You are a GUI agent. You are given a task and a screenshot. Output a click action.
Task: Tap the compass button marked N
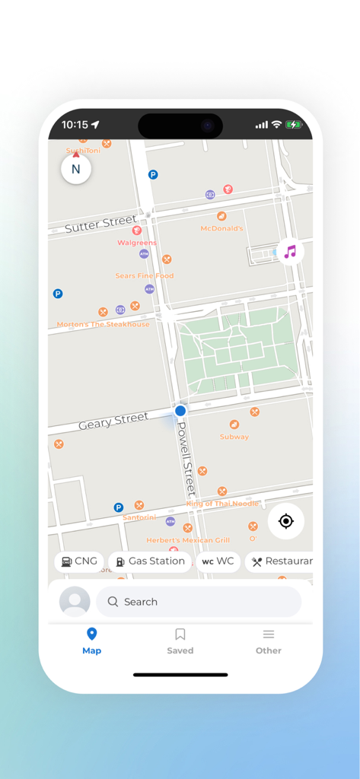click(x=75, y=169)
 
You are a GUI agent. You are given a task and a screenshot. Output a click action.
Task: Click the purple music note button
click(x=289, y=251)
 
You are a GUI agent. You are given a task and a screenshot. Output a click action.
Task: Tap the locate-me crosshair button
click(x=286, y=521)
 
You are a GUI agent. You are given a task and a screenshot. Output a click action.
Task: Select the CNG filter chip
click(x=79, y=561)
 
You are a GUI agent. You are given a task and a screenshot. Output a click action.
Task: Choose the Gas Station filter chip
click(x=150, y=561)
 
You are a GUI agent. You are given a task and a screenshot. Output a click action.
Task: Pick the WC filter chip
click(x=218, y=561)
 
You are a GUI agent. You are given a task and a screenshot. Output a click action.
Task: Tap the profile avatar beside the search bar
click(x=75, y=602)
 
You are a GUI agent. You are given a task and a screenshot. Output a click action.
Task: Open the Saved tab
click(x=180, y=641)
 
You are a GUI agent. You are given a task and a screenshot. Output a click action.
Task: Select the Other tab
click(x=268, y=641)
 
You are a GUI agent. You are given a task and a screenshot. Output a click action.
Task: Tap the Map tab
click(x=91, y=641)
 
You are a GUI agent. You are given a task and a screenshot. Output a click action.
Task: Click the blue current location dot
click(x=180, y=411)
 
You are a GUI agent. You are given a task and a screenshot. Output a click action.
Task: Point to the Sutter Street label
click(x=100, y=224)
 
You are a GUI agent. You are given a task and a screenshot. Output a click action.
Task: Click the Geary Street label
click(x=113, y=421)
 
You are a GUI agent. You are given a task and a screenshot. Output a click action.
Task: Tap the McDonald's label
click(x=221, y=228)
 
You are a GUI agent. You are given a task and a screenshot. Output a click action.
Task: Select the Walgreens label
click(x=137, y=243)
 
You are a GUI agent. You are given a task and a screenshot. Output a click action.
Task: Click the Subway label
click(x=234, y=437)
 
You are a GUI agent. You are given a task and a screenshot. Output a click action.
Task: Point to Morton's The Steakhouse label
click(x=104, y=324)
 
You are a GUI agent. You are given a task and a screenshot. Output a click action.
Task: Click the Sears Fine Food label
click(x=145, y=275)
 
